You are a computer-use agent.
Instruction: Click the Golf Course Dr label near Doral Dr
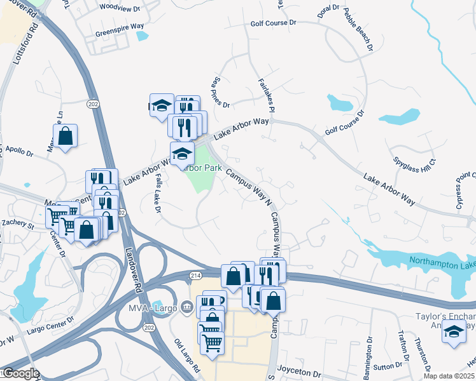(x=274, y=23)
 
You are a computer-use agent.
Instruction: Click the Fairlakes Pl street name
(x=266, y=96)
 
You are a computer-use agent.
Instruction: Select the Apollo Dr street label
(x=20, y=151)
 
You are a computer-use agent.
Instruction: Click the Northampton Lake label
(x=443, y=262)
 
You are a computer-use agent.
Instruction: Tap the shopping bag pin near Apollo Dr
(x=65, y=136)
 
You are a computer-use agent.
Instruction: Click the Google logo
(x=20, y=373)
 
